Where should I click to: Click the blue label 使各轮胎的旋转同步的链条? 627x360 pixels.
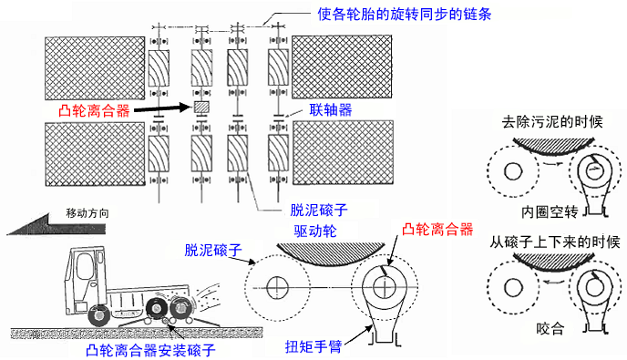[x=405, y=15]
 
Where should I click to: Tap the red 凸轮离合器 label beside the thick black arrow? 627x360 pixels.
[x=94, y=110]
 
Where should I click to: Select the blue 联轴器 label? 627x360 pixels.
[x=331, y=109]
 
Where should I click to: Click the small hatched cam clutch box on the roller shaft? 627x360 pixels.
[x=201, y=108]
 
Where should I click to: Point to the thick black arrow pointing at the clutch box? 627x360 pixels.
[x=163, y=108]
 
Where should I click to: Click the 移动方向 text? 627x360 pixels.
[x=87, y=213]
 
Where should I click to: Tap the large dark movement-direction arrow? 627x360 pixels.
[x=56, y=225]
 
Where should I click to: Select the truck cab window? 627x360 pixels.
[x=85, y=267]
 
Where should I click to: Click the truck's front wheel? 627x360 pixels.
[x=98, y=315]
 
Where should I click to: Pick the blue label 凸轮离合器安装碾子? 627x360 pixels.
[x=150, y=351]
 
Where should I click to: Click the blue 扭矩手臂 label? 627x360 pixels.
[x=313, y=346]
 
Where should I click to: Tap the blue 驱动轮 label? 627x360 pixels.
[x=315, y=231]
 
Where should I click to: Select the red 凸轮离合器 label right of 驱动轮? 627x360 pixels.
[x=437, y=229]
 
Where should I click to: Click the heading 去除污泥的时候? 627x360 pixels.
[x=552, y=121]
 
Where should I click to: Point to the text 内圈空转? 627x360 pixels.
[x=550, y=212]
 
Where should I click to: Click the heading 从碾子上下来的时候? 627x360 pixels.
[x=555, y=242]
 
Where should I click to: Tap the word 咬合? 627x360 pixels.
[x=550, y=329]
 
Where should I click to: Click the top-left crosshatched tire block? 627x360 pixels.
[x=95, y=68]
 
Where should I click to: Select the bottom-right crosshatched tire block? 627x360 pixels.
[x=343, y=152]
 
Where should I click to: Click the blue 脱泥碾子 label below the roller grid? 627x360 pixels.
[x=319, y=210]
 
